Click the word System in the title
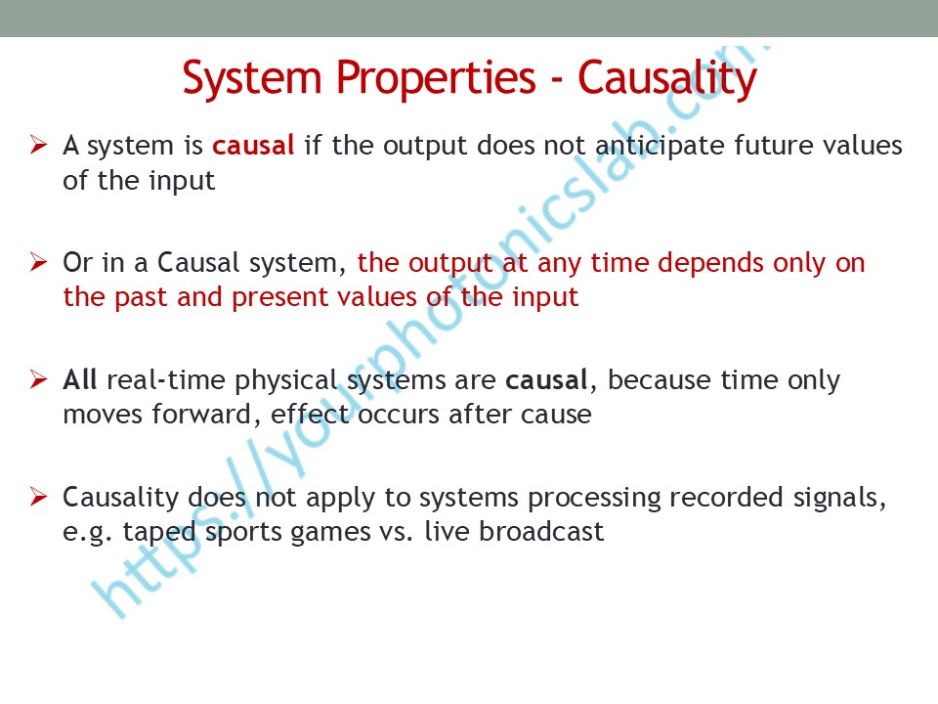pyautogui.click(x=252, y=79)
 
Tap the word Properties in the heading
pyautogui.click(x=436, y=79)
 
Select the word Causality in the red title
pyautogui.click(x=667, y=79)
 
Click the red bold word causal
pyautogui.click(x=253, y=146)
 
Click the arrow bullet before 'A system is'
pyautogui.click(x=38, y=145)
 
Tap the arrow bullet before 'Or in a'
pyautogui.click(x=38, y=262)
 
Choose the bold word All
pyautogui.click(x=79, y=380)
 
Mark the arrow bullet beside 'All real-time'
pyautogui.click(x=38, y=379)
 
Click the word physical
pyautogui.click(x=286, y=381)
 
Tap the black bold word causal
pyautogui.click(x=546, y=380)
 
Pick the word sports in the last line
pyautogui.click(x=243, y=533)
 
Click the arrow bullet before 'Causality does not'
pyautogui.click(x=38, y=497)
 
